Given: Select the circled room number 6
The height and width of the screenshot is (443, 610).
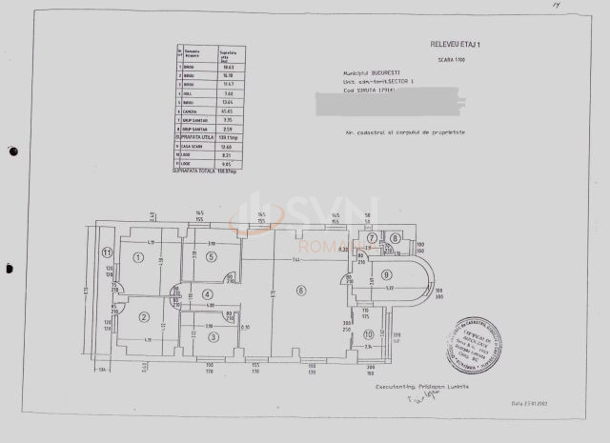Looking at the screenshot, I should [301, 291].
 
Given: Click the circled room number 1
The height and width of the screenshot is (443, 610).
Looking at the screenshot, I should [139, 257].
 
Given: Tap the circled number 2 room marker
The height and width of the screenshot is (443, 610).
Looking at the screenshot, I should [143, 318].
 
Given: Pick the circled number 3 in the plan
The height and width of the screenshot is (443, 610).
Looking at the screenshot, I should [213, 336].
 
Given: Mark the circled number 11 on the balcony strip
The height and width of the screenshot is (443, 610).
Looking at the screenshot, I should [108, 252].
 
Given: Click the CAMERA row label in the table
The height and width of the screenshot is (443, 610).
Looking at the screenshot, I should [192, 111].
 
